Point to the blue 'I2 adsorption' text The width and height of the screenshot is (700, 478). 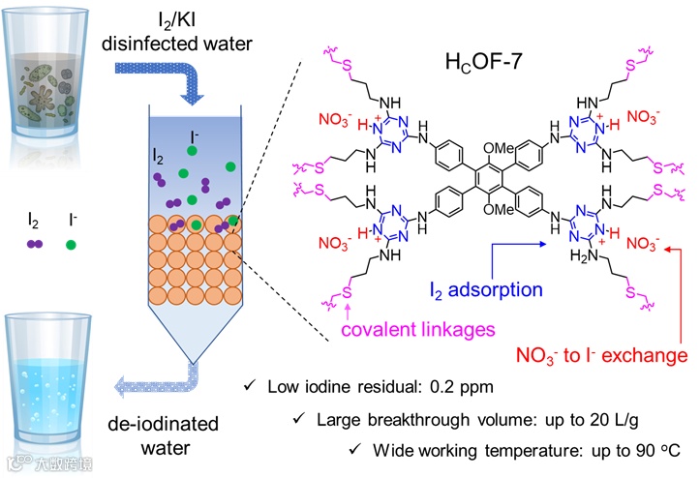(487, 288)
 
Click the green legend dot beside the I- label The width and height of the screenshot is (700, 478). (71, 245)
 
